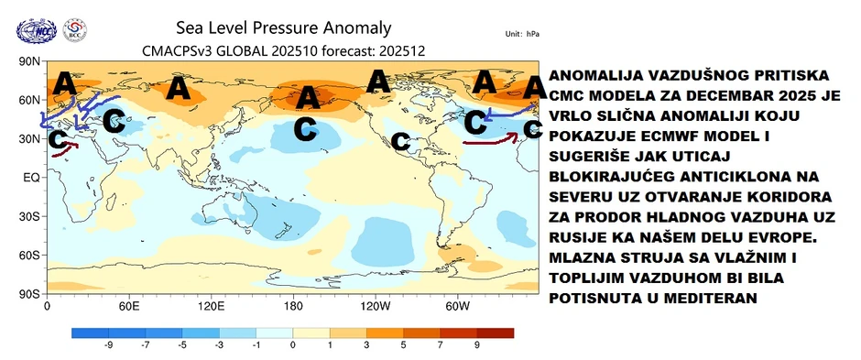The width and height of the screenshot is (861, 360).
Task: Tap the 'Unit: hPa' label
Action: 523,34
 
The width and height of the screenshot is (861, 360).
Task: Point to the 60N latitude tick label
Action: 28,99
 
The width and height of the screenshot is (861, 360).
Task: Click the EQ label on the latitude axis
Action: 30,177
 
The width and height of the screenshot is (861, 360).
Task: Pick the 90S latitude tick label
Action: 28,294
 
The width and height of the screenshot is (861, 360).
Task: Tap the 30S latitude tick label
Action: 28,216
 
